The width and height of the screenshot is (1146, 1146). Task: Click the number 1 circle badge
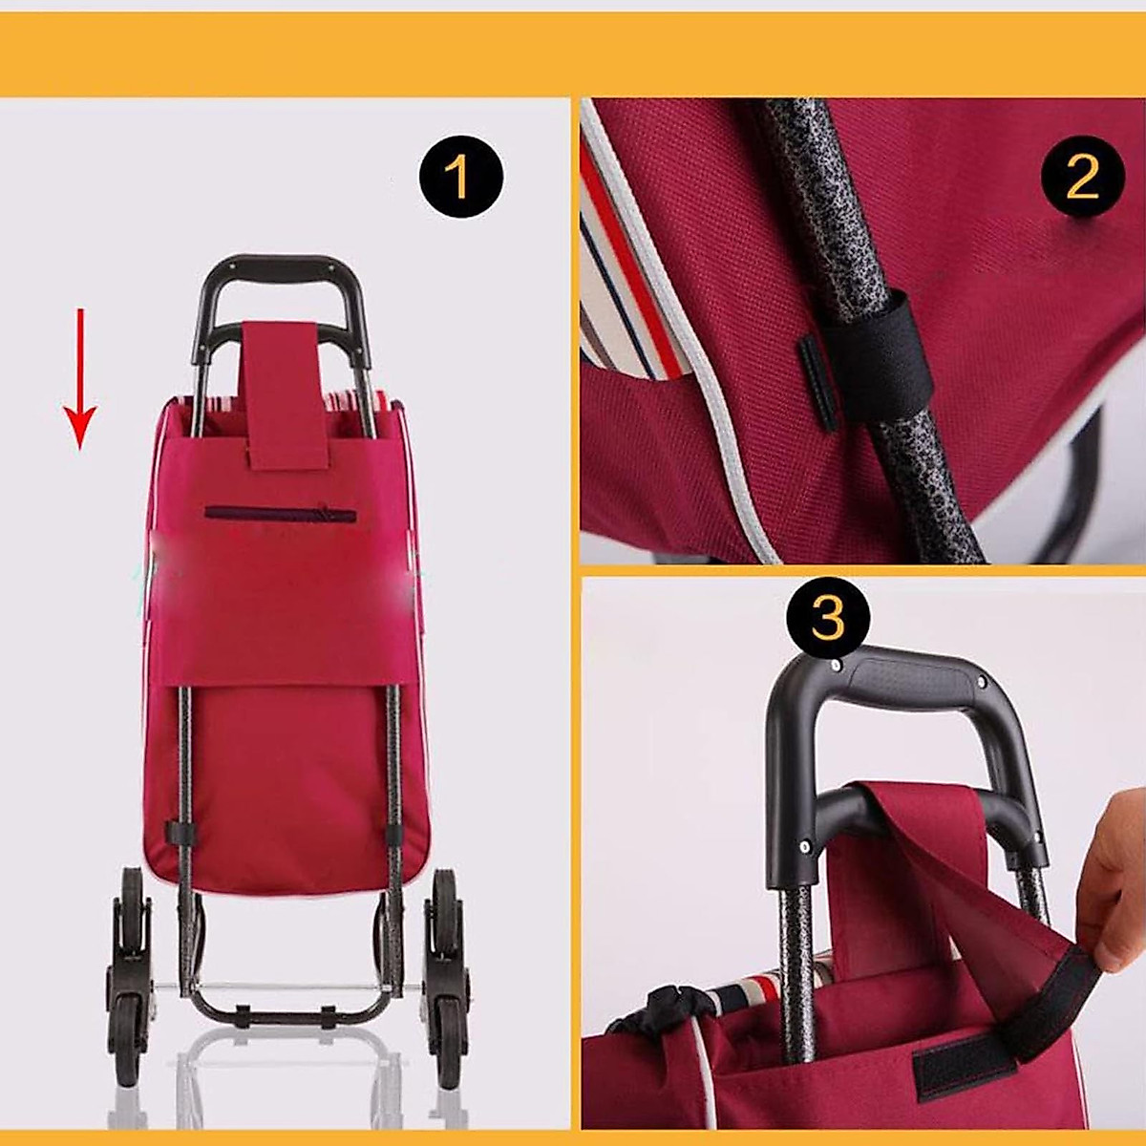point(460,177)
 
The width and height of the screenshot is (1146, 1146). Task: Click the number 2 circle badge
point(1082,177)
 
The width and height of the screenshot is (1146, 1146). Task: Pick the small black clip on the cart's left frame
point(178,832)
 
